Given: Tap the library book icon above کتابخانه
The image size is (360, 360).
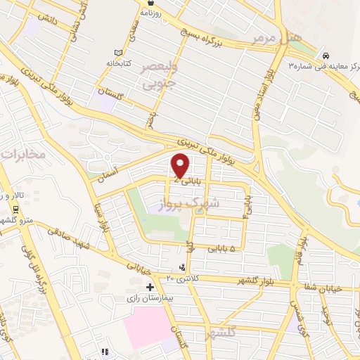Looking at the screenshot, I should coord(117,53).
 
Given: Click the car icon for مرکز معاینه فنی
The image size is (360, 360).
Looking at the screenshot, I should coord(325,55).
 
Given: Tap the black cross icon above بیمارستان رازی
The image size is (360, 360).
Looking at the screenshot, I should coord(150,287).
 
